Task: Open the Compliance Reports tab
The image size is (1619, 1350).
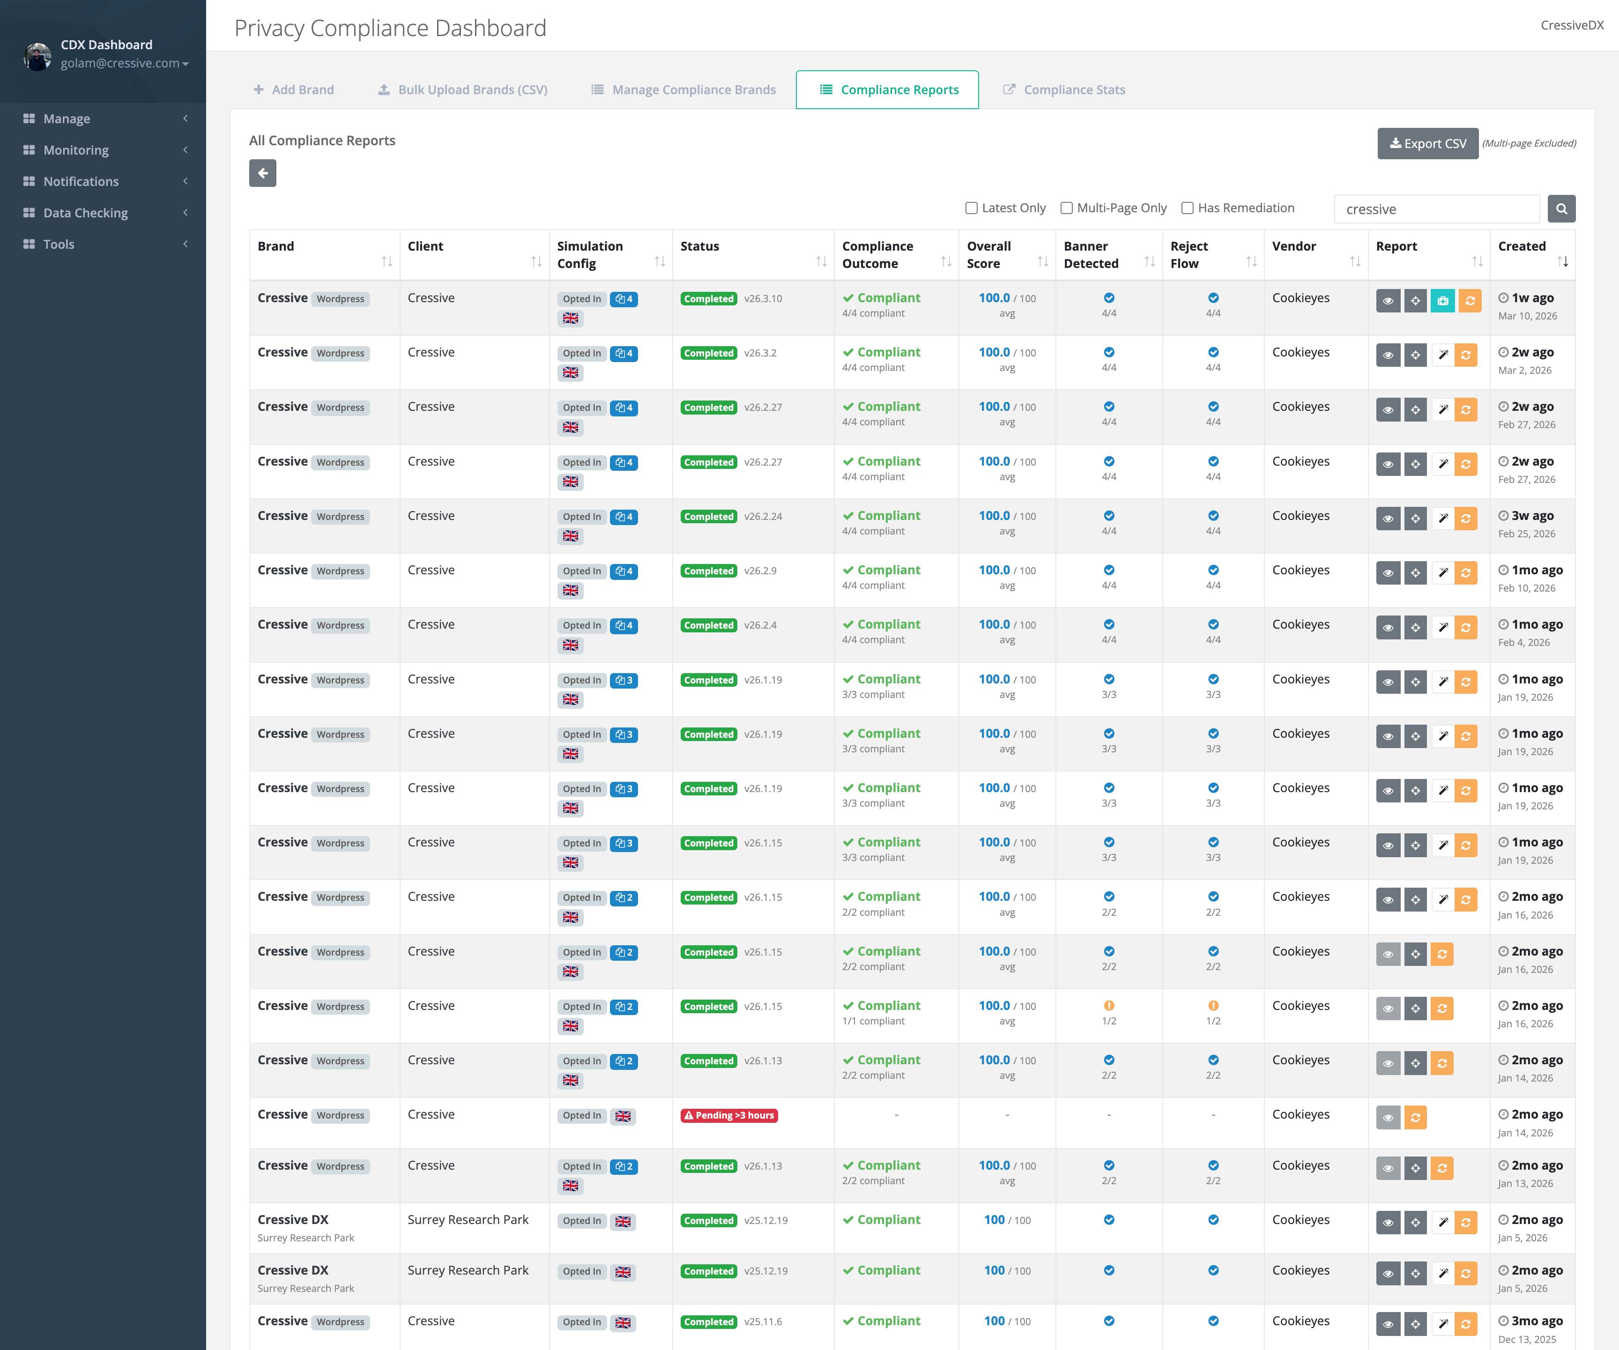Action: click(x=887, y=89)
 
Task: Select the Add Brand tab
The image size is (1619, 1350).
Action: click(x=294, y=89)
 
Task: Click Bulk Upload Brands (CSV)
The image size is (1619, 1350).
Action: click(x=462, y=89)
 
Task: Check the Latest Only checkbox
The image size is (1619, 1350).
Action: click(x=972, y=208)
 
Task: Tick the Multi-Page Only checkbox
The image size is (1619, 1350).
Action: click(x=1066, y=208)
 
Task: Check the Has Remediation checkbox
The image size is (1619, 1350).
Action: click(x=1187, y=208)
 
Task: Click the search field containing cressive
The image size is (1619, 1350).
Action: click(x=1435, y=209)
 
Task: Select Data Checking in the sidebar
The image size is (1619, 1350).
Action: click(x=85, y=213)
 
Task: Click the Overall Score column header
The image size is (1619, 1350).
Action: click(x=989, y=254)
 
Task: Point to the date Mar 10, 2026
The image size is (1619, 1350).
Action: click(x=1527, y=316)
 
